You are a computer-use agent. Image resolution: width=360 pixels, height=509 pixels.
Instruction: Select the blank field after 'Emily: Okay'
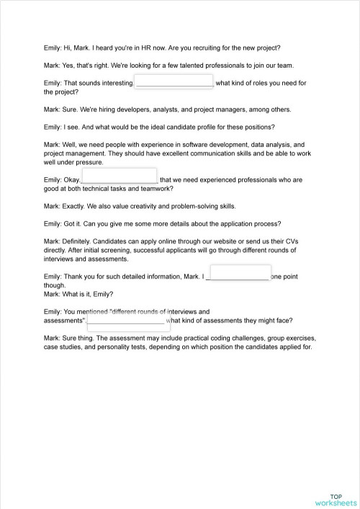(119, 176)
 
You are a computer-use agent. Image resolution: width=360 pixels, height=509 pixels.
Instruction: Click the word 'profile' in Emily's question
(192, 127)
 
